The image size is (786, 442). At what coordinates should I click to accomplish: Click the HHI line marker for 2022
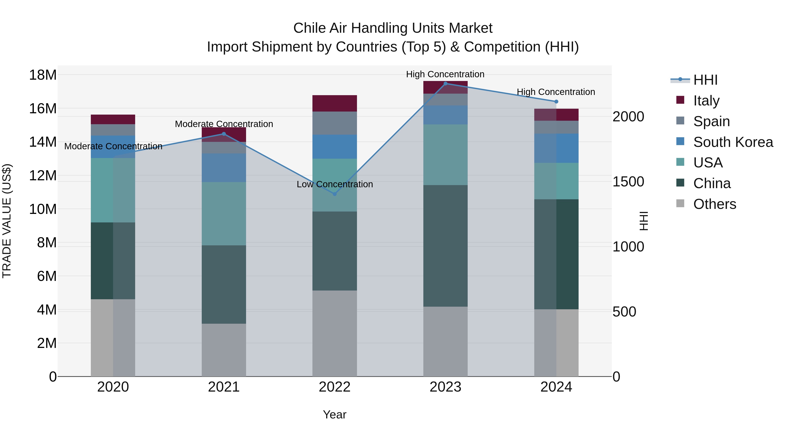pos(334,194)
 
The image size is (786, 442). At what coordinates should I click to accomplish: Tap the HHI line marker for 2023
pos(445,84)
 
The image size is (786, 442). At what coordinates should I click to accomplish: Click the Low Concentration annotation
pos(335,184)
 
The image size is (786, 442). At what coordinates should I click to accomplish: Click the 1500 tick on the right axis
pos(628,182)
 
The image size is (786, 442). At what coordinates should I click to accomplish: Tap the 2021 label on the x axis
pos(224,387)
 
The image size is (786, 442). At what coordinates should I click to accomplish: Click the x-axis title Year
pos(334,414)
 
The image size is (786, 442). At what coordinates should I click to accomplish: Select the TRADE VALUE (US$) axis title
pos(7,221)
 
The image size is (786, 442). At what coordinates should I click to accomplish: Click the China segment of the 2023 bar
pos(445,246)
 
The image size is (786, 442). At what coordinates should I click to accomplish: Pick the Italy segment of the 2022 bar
pos(334,103)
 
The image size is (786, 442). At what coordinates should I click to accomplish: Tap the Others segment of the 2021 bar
pos(224,350)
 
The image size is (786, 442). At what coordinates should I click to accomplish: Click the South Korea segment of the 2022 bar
pos(334,147)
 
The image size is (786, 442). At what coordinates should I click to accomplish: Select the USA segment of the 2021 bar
pos(224,213)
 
